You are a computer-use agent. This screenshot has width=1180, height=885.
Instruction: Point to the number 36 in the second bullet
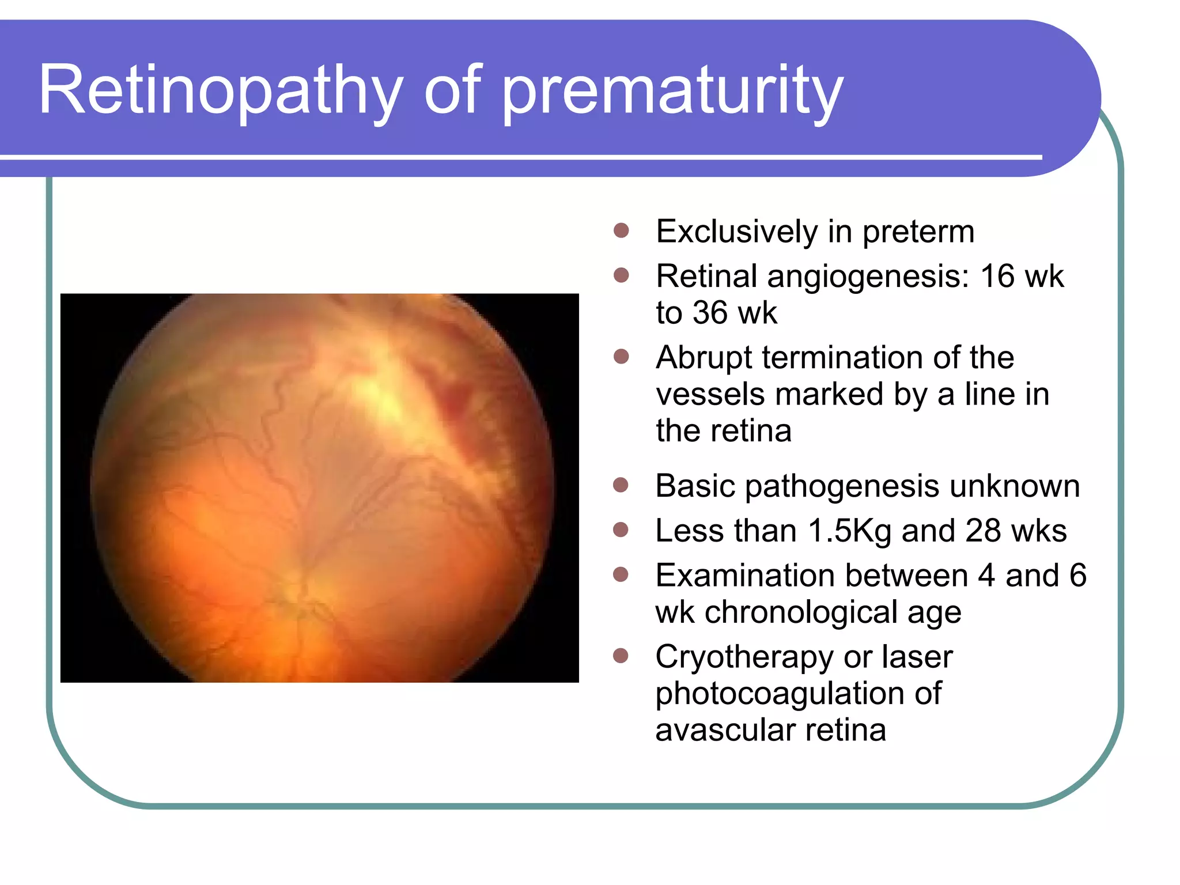(x=710, y=313)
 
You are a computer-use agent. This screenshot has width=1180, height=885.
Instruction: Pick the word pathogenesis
(x=842, y=486)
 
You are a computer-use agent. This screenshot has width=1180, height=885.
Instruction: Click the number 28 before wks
(x=984, y=531)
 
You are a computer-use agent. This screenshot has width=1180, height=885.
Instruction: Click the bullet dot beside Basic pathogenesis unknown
(x=621, y=485)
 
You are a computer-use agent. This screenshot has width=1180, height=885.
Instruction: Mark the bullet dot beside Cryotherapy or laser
(x=621, y=656)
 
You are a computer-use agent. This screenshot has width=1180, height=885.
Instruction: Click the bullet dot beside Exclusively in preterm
(x=621, y=231)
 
